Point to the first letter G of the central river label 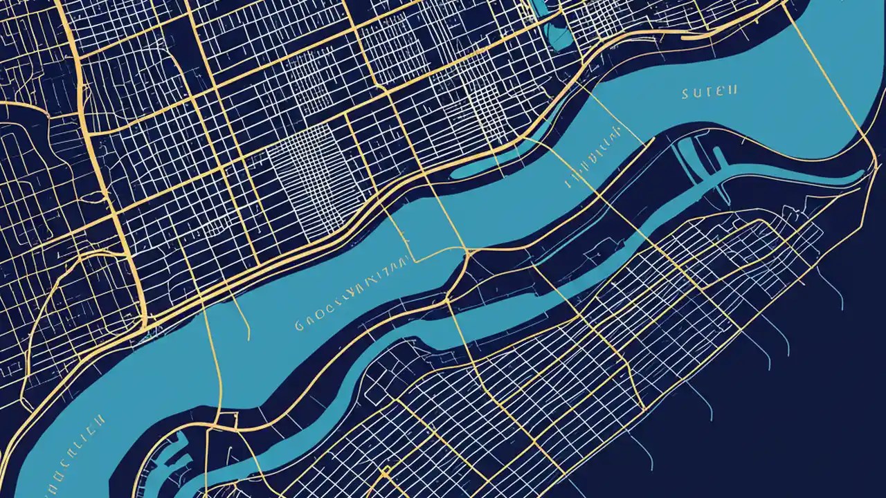[299, 324]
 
